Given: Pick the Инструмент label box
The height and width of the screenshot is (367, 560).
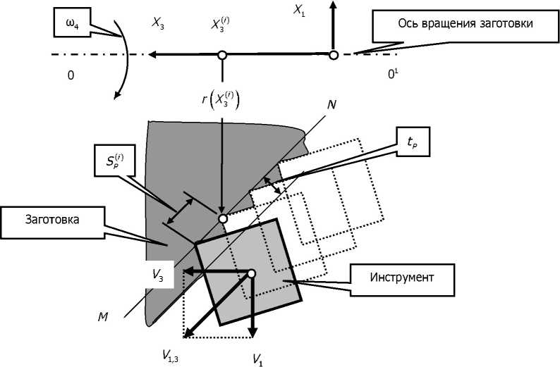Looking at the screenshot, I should tap(401, 275).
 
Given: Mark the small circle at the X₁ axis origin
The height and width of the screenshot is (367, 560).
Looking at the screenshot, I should tap(334, 54).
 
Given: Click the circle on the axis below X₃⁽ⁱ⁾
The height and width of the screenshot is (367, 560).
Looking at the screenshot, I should tap(221, 54).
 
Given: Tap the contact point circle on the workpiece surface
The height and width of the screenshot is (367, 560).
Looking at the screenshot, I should tap(223, 218).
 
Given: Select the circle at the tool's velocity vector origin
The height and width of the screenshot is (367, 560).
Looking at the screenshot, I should tap(251, 273).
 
